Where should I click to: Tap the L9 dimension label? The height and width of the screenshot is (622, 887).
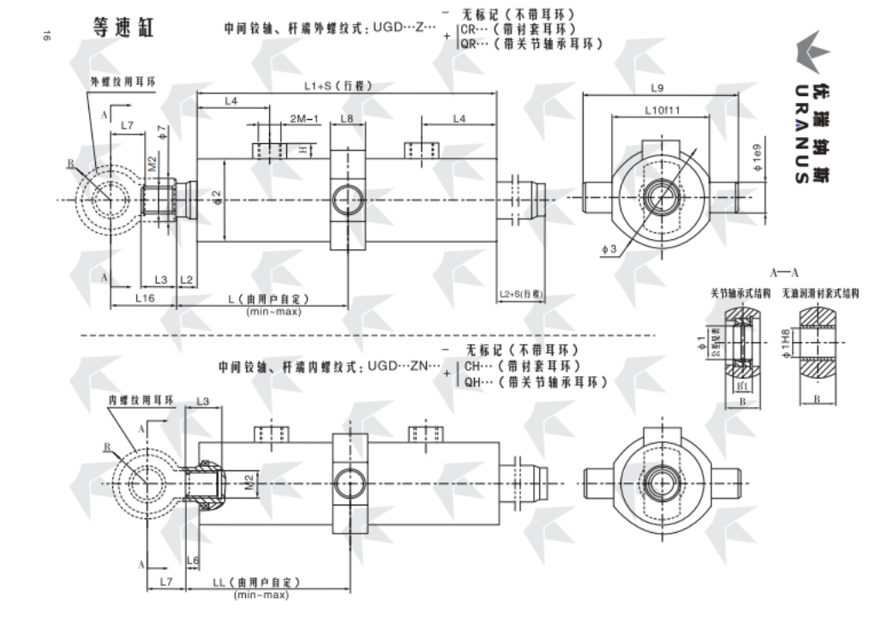coord(657,87)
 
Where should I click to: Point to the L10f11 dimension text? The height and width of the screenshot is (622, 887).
coord(662,111)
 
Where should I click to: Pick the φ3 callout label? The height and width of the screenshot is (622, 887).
coord(610,248)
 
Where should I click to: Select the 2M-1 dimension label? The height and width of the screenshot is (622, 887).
coord(303,117)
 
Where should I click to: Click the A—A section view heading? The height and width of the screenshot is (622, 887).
coord(783,274)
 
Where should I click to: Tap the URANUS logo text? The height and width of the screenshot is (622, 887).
coord(799,133)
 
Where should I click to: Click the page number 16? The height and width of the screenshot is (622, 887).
coord(47,35)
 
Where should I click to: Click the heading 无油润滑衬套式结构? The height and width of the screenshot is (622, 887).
coord(820,293)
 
